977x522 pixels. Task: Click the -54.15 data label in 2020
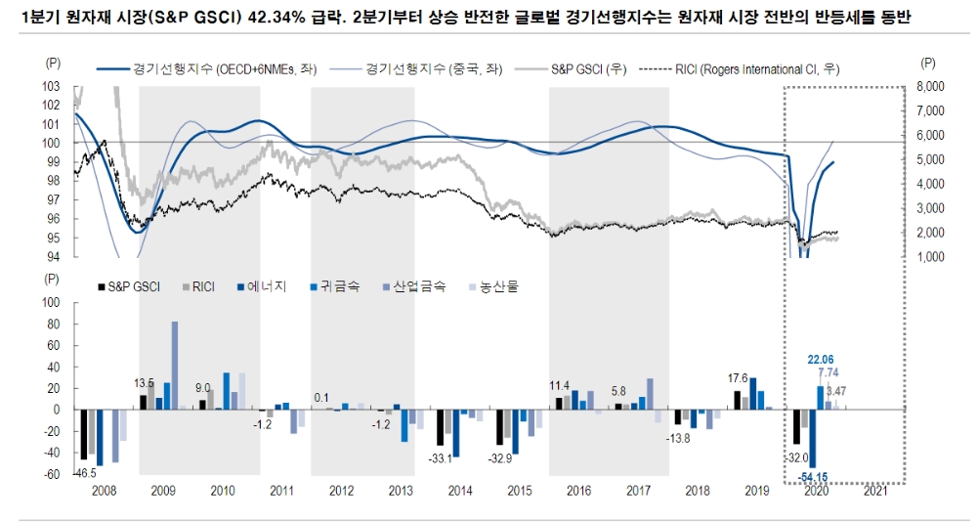click(x=811, y=476)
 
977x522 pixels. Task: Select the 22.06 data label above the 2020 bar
click(x=820, y=360)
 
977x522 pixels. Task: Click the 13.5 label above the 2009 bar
click(x=144, y=383)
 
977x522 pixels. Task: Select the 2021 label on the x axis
click(x=876, y=489)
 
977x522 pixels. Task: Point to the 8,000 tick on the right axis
click(x=933, y=86)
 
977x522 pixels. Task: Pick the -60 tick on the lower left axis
click(x=52, y=474)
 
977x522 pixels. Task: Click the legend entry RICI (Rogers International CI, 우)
click(x=742, y=69)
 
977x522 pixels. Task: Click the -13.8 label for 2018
click(x=677, y=437)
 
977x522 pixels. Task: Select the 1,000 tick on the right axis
click(x=933, y=257)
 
